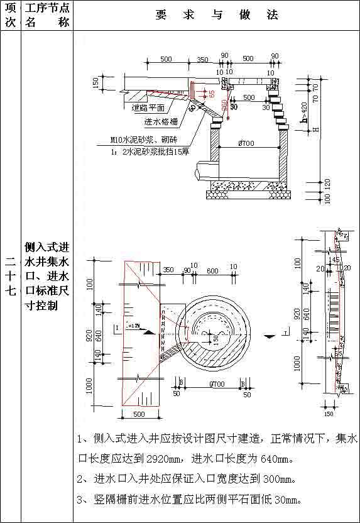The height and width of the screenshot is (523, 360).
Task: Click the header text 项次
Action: [10, 16]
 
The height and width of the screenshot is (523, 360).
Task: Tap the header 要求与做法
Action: [216, 16]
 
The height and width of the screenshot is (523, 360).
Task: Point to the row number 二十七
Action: [11, 277]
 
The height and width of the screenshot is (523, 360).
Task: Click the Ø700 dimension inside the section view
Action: [246, 144]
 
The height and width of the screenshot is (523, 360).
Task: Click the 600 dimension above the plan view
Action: [212, 271]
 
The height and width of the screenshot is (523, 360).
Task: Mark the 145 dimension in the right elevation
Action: [335, 259]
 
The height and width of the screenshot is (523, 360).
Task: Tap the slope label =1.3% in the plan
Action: [133, 326]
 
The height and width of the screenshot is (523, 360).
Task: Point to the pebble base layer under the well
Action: [248, 194]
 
